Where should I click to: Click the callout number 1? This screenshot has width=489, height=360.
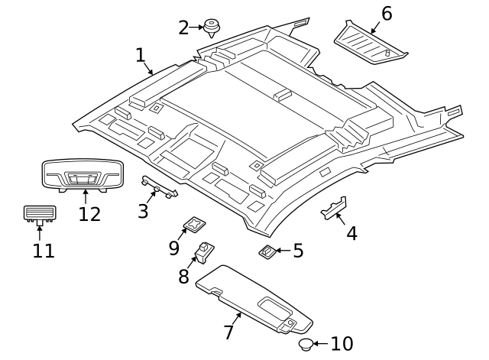(140, 55)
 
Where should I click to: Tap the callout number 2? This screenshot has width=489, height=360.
(183, 28)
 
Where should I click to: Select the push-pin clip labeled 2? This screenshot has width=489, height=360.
(213, 28)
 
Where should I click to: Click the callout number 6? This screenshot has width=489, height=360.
(387, 13)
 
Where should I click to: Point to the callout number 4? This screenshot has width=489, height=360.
(351, 233)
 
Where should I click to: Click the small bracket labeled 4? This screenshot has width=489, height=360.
(335, 208)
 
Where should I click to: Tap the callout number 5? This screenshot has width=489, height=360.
(298, 250)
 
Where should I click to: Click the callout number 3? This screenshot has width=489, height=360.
(143, 210)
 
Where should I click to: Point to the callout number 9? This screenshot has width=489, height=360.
(173, 248)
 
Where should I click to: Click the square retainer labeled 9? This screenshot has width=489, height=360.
(196, 225)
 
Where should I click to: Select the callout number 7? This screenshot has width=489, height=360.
(228, 332)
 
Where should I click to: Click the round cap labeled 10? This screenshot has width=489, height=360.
(305, 345)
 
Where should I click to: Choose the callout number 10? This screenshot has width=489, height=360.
(342, 345)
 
